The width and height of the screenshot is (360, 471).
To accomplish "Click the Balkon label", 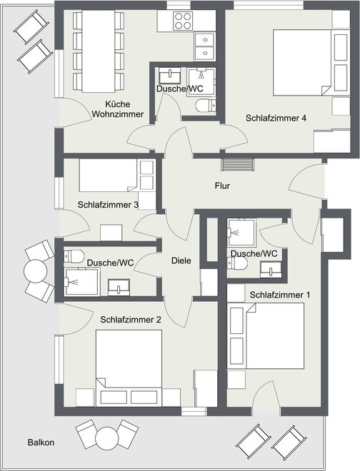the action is pyautogui.click(x=41, y=442).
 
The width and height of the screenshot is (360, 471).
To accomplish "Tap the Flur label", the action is pyautogui.click(x=222, y=186).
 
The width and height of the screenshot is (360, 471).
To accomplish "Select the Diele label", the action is pyautogui.click(x=181, y=260).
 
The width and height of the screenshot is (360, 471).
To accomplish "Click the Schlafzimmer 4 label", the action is pyautogui.click(x=276, y=118).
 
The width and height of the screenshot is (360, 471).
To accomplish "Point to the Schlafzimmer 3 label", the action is pyautogui.click(x=108, y=205).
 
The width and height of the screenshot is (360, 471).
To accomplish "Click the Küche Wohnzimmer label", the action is pyautogui.click(x=118, y=109).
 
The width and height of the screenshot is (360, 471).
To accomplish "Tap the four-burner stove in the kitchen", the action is pyautogui.click(x=183, y=21).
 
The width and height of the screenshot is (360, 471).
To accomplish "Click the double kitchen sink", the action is pyautogui.click(x=204, y=46).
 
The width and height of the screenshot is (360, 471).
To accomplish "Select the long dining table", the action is pyautogui.click(x=99, y=51).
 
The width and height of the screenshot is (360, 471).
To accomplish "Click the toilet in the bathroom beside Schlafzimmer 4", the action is pyautogui.click(x=206, y=106).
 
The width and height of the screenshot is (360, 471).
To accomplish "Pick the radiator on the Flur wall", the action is pyautogui.click(x=237, y=165).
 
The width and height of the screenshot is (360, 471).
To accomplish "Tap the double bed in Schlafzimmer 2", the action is pyautogui.click(x=129, y=368).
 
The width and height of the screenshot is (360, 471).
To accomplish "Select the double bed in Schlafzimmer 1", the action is pyautogui.click(x=266, y=336).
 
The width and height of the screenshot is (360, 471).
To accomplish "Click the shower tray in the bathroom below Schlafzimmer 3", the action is pyautogui.click(x=81, y=282).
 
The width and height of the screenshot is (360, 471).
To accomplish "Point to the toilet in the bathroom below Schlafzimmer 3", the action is pyautogui.click(x=74, y=256).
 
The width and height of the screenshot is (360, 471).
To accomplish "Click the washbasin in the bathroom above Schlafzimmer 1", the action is pyautogui.click(x=271, y=270).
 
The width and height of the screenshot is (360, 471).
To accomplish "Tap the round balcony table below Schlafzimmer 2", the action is pyautogui.click(x=106, y=438).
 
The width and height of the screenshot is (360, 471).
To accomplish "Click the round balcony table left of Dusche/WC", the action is pyautogui.click(x=36, y=271).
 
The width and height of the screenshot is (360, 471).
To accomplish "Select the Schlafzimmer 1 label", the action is pyautogui.click(x=280, y=295).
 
